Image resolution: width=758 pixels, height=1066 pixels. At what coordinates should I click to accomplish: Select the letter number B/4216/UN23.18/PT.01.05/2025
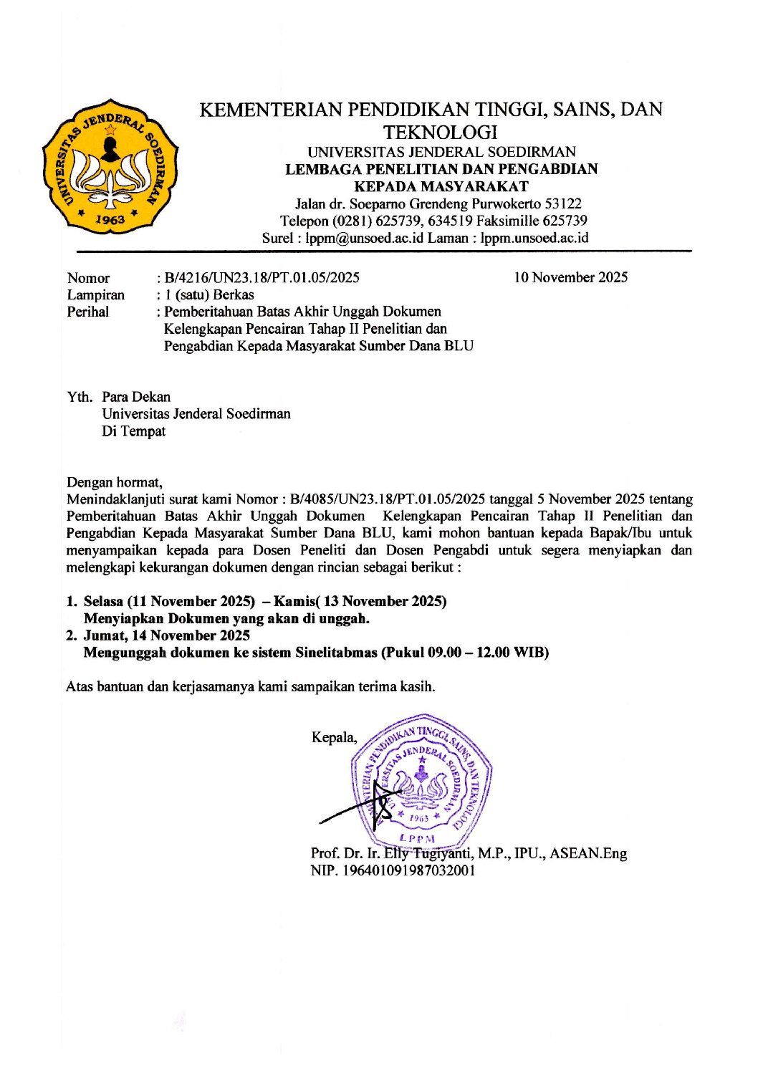262,277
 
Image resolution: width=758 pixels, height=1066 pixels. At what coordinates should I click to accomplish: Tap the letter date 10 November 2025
570,277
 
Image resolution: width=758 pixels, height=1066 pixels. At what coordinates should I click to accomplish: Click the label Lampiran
95,294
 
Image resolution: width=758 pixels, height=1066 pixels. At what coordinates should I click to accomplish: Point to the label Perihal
88,312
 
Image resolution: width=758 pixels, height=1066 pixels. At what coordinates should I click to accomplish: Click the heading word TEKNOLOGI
440,133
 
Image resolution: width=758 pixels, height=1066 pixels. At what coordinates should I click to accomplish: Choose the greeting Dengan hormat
115,481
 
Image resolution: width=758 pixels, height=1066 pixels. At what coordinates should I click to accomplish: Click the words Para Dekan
136,396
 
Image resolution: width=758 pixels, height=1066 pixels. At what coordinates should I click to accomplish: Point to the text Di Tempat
133,431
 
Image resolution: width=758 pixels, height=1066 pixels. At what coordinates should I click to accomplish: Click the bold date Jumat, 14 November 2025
167,635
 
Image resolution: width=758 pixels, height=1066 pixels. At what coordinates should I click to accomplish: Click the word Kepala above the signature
333,737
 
